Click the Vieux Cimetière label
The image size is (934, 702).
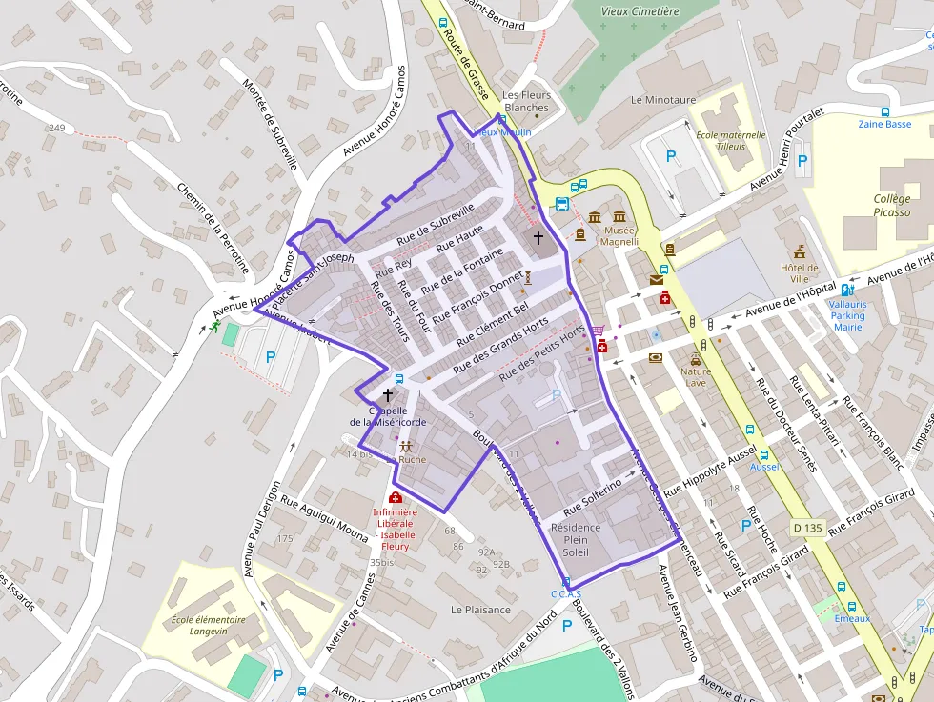tap(640, 11)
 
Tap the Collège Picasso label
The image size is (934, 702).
tap(891, 206)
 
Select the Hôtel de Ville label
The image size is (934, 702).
tap(799, 273)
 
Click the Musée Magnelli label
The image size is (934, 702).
tap(618, 235)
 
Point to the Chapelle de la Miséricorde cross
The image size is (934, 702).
tap(388, 393)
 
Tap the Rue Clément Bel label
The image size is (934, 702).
tap(492, 323)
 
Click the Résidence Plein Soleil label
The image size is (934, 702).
tap(576, 540)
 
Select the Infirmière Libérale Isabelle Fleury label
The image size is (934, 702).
tap(395, 529)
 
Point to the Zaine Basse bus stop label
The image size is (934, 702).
tap(884, 124)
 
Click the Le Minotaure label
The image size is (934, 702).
tap(663, 99)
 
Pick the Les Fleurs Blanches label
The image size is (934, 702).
tap(527, 101)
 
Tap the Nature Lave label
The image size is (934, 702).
tap(696, 377)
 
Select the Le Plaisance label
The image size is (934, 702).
tap(480, 610)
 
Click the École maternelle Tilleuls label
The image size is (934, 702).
tap(731, 140)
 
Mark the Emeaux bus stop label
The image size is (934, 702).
tap(852, 618)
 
